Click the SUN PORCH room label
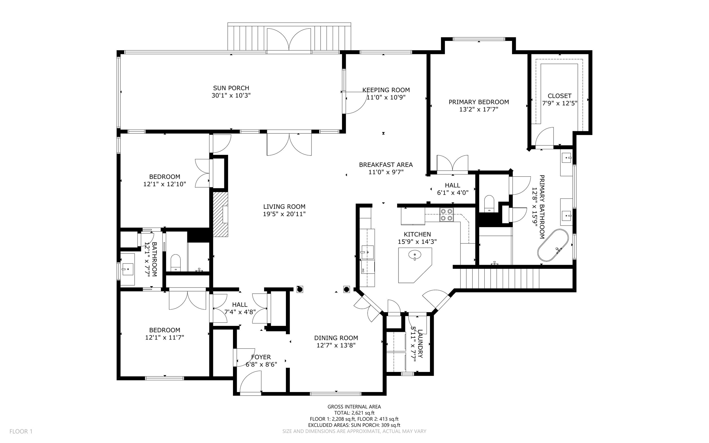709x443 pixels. click(231, 88)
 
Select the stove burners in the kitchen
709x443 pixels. click(446, 214)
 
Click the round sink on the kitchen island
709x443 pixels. click(415, 256)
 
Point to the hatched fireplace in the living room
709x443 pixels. click(220, 214)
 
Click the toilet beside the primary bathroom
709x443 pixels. click(489, 203)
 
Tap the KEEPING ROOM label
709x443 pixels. click(386, 90)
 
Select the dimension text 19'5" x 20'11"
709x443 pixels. click(284, 214)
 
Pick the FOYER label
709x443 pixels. click(261, 357)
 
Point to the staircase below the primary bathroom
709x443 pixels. click(499, 278)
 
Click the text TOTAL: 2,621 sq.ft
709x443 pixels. click(354, 413)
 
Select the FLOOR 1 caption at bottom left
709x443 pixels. click(21, 431)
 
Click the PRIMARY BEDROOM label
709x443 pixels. click(478, 102)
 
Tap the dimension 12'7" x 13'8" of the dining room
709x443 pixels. click(336, 345)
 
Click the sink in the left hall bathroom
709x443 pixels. click(127, 268)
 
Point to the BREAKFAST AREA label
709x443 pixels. click(386, 165)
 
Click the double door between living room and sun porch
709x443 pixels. click(289, 144)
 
